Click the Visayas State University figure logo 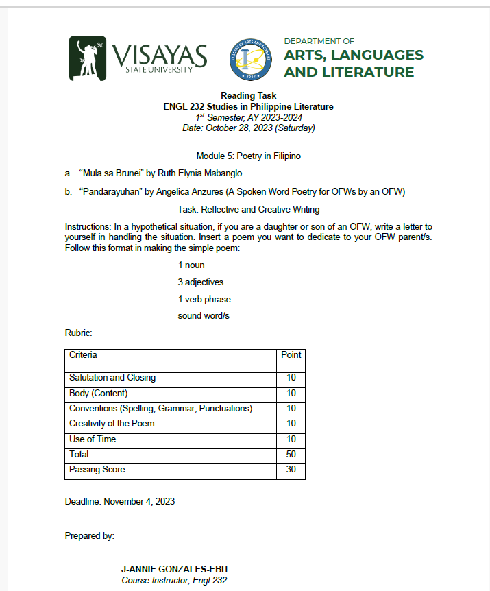point(87,58)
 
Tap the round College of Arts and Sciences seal point(251,58)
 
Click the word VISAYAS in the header point(158,53)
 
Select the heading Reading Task point(248,95)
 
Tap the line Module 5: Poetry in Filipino point(248,156)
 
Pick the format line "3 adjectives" point(200,282)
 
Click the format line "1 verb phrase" point(204,299)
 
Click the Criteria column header point(83,355)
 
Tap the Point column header point(291,355)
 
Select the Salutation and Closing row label point(112,378)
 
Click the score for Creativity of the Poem point(291,424)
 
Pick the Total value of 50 point(291,455)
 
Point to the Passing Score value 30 point(291,470)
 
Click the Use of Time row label point(93,439)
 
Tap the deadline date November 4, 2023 point(139,501)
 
